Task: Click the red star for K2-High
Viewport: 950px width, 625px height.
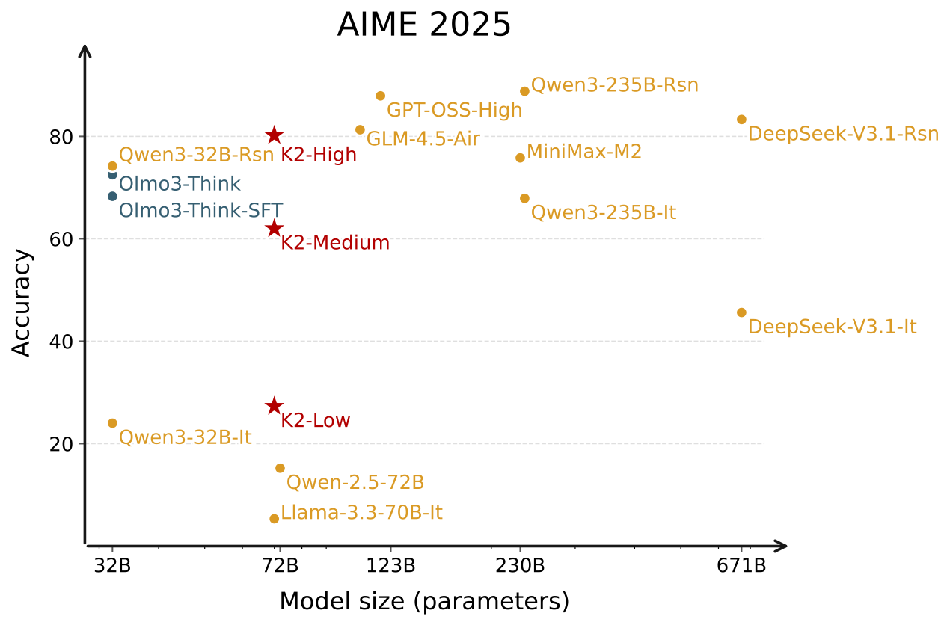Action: (x=274, y=135)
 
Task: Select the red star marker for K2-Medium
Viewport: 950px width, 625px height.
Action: (x=274, y=228)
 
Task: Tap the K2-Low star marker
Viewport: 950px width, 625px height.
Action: (x=274, y=406)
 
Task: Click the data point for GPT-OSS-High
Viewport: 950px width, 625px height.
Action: (x=380, y=96)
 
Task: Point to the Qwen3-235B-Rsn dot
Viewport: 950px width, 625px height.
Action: (x=524, y=91)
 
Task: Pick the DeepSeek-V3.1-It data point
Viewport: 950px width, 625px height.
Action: (x=741, y=312)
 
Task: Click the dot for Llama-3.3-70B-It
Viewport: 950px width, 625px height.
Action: (x=274, y=519)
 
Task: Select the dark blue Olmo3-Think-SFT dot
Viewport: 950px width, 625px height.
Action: (x=112, y=196)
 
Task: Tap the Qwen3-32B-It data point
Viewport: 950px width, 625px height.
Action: (x=112, y=423)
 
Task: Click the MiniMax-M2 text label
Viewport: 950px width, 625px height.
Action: (x=583, y=153)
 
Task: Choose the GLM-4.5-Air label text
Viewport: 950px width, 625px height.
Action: (x=423, y=139)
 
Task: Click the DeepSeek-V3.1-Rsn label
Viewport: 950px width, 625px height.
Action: (x=843, y=135)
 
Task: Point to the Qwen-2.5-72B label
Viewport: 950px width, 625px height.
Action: (x=355, y=482)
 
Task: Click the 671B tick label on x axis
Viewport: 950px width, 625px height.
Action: (x=741, y=566)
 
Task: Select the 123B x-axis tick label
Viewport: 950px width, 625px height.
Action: (x=390, y=566)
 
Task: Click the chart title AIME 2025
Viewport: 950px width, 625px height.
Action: (x=424, y=25)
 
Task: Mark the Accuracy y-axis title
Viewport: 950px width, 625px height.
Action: (x=22, y=303)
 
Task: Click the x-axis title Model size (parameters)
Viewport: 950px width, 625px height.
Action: (x=424, y=601)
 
